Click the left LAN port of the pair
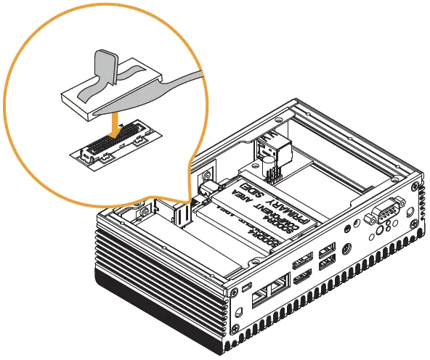260,297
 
